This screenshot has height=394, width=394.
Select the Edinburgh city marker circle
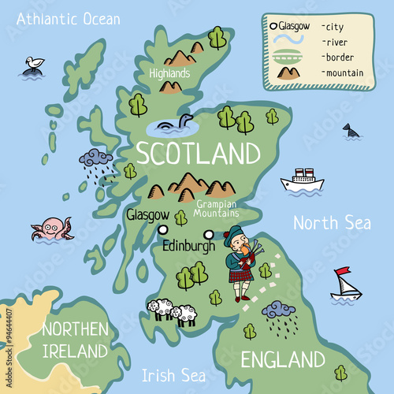[x=209, y=233]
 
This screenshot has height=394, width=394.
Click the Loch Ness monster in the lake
[x=170, y=123]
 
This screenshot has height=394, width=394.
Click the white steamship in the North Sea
[x=302, y=180]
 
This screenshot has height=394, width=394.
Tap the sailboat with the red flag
[x=345, y=284]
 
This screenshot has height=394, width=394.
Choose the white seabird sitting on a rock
[x=34, y=64]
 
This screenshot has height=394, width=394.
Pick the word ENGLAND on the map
[x=283, y=360]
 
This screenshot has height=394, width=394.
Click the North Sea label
[x=332, y=222]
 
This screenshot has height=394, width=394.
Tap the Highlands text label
[x=169, y=73]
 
